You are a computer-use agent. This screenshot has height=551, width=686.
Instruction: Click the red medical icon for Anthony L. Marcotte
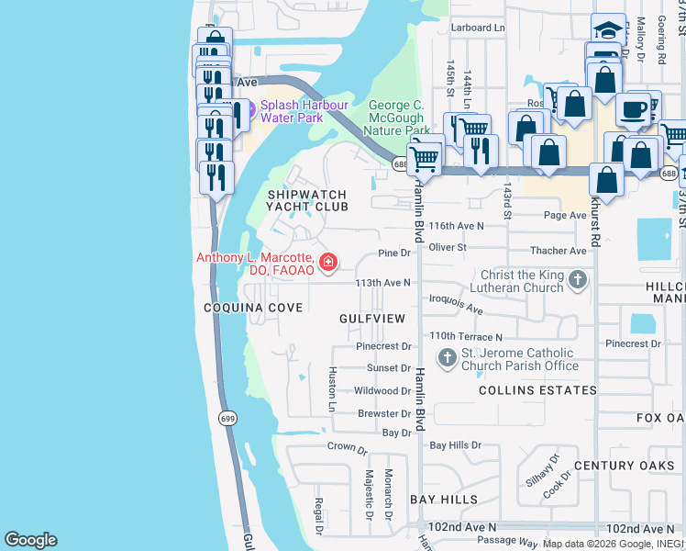[327, 264]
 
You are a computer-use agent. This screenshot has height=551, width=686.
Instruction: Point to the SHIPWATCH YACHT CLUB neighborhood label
[307, 200]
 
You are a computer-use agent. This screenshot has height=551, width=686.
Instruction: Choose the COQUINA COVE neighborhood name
[254, 308]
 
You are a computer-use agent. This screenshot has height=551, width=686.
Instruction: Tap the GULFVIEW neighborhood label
[371, 319]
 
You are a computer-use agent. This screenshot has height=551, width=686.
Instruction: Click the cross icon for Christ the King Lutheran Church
[578, 280]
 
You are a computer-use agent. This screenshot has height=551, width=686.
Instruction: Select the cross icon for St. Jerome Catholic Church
[447, 358]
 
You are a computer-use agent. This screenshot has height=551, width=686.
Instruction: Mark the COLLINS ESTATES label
[537, 390]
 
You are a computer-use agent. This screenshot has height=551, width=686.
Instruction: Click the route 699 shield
[227, 418]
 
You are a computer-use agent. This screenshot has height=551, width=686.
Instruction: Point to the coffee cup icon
[633, 108]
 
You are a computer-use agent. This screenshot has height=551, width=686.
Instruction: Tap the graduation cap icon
[609, 29]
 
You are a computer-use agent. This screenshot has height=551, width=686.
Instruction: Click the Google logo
[30, 540]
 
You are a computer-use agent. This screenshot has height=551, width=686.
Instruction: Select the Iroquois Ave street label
[456, 305]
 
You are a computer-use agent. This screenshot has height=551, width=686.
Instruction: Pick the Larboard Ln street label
[478, 28]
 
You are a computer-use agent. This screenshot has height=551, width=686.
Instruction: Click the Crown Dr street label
[347, 447]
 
